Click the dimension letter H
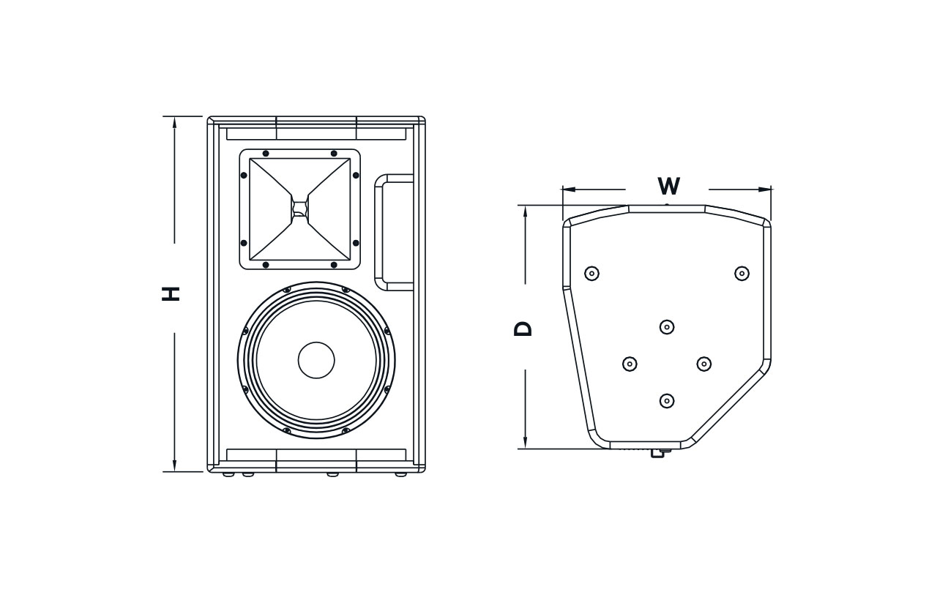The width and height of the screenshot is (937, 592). [171, 293]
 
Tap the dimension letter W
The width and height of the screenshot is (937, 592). [668, 186]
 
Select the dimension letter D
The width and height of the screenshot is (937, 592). [523, 328]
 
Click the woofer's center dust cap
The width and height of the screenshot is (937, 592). [316, 360]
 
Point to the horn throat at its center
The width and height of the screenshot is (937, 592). [299, 207]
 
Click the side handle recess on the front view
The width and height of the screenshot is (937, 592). [395, 232]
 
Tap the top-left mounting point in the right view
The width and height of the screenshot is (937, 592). [592, 273]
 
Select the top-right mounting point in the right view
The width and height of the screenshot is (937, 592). [742, 273]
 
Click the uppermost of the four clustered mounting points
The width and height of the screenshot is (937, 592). [667, 326]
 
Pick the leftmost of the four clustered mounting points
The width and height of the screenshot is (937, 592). [630, 364]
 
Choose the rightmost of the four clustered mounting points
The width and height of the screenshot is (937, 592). [704, 364]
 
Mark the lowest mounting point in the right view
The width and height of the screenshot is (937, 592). [667, 401]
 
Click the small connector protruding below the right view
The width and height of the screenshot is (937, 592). [657, 454]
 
